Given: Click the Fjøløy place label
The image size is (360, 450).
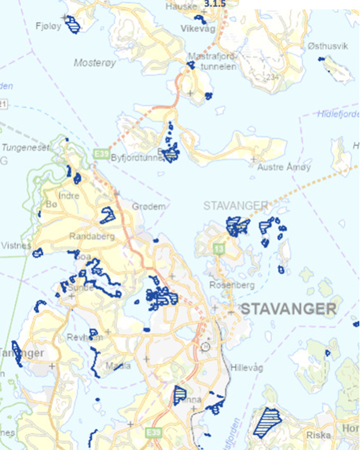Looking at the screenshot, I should click(47, 25).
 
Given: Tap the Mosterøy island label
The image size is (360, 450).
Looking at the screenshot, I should click(94, 62).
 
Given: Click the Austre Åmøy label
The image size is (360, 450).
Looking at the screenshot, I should click(276, 167).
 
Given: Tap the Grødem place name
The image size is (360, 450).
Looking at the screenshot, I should click(149, 206).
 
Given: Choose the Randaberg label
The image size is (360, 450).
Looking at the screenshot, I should click(92, 236).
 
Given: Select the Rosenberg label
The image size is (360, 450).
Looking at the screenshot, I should click(231, 285).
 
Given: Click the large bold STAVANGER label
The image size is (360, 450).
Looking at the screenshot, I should click(289, 309).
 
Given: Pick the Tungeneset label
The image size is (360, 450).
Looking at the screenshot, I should click(25, 147).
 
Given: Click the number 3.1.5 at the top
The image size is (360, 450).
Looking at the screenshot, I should click(214, 3).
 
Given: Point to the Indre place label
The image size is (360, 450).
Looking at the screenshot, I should click(69, 196).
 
